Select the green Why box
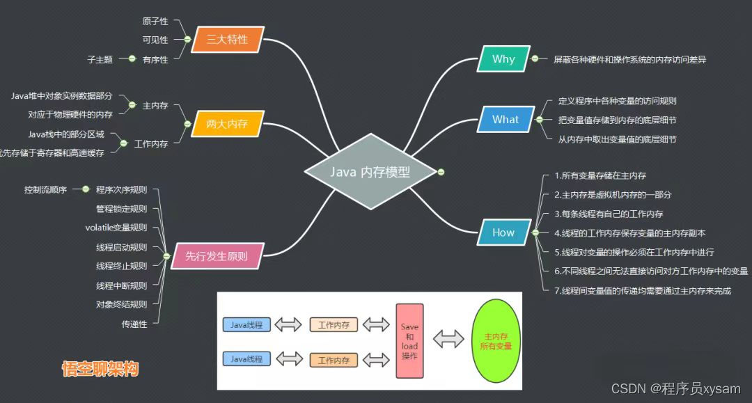(x=503, y=59)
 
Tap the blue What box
(x=505, y=120)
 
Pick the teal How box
(x=503, y=232)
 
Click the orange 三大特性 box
(x=227, y=40)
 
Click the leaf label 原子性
(x=155, y=22)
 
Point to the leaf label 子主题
(x=100, y=59)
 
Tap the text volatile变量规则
(x=116, y=227)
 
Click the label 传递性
(x=134, y=324)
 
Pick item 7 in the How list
(x=643, y=291)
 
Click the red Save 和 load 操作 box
(x=409, y=341)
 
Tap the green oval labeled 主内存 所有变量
(x=496, y=340)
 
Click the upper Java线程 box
(x=246, y=324)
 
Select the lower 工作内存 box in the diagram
(x=334, y=360)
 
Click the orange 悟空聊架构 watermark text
(x=100, y=368)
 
